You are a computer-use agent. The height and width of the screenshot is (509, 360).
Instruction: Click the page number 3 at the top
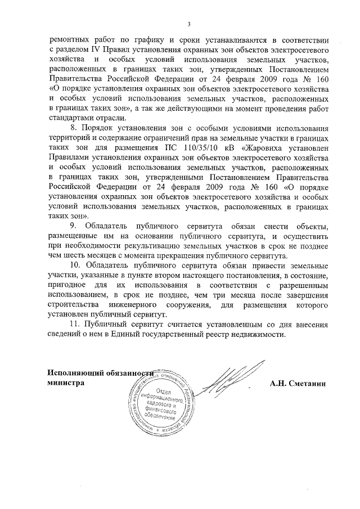tap(189, 24)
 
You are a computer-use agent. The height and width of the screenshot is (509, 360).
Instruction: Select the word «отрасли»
tap(111, 118)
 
